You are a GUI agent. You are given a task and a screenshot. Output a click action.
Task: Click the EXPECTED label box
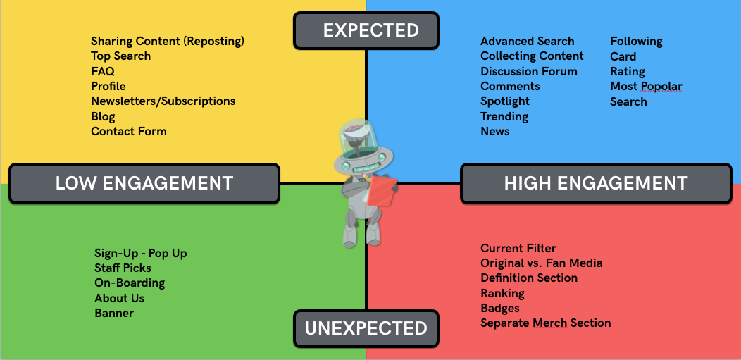click(x=366, y=31)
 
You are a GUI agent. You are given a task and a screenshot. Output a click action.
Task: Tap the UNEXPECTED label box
click(x=366, y=328)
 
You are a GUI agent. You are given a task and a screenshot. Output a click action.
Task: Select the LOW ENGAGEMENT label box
click(x=144, y=183)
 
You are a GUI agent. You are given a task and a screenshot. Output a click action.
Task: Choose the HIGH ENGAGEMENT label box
click(x=596, y=183)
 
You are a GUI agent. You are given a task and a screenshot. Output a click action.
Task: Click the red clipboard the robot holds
click(x=382, y=191)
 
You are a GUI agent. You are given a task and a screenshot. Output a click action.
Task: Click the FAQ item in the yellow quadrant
click(x=103, y=71)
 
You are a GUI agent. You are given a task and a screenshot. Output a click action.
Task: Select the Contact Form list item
click(x=129, y=131)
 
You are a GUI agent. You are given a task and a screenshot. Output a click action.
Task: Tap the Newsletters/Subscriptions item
click(x=163, y=101)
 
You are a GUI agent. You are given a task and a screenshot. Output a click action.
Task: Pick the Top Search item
click(x=121, y=56)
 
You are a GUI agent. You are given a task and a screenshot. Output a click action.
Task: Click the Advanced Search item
click(x=528, y=41)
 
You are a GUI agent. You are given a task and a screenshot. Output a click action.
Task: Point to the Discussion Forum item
click(x=529, y=71)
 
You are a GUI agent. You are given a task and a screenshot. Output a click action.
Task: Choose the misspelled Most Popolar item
click(x=646, y=87)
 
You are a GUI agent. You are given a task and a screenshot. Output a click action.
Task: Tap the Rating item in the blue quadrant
click(x=628, y=72)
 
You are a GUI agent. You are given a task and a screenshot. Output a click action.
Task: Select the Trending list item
click(x=504, y=117)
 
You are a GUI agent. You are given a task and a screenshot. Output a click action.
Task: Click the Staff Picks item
click(x=123, y=268)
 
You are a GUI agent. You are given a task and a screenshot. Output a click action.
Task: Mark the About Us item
click(x=120, y=298)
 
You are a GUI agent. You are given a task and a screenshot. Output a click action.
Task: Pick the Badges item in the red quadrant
click(x=500, y=308)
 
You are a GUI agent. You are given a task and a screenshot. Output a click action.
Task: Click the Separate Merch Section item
click(x=546, y=323)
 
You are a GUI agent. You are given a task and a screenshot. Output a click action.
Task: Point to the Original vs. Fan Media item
click(x=542, y=263)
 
